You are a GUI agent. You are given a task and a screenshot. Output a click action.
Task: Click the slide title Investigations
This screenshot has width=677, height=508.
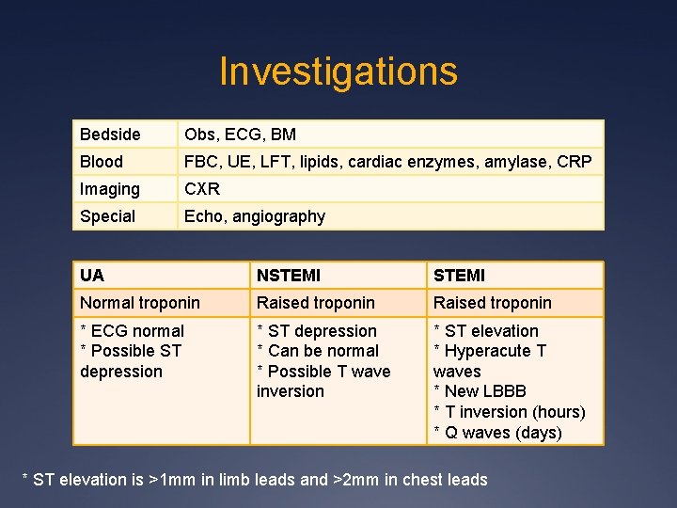tap(338, 71)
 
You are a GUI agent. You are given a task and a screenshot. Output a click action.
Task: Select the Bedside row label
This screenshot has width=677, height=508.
tap(110, 135)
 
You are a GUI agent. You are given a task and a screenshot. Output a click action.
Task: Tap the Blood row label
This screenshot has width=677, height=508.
tap(102, 162)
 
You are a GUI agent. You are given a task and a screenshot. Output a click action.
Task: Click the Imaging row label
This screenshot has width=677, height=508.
tap(109, 189)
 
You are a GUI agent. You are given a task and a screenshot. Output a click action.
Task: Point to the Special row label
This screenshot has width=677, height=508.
tap(107, 216)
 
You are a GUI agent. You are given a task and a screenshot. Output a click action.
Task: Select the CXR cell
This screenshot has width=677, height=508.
tap(201, 189)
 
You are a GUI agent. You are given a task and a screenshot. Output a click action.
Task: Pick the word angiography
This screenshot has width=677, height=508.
tap(280, 216)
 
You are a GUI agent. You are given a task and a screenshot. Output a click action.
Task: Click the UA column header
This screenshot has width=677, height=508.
tap(92, 276)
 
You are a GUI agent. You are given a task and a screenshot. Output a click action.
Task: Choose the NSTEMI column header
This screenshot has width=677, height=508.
tap(289, 276)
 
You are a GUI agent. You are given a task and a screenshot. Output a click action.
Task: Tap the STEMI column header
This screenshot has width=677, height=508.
tap(459, 276)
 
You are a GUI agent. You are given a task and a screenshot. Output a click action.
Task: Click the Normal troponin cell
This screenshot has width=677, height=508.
tap(140, 303)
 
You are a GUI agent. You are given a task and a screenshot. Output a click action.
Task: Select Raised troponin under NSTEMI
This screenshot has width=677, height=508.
tap(316, 303)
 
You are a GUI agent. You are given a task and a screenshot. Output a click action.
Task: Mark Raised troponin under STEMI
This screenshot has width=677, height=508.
tap(492, 303)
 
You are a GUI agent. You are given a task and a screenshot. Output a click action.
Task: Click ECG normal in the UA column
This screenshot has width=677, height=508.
tap(136, 331)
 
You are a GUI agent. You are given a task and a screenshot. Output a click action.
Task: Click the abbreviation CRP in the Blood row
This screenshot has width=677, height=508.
tap(575, 162)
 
